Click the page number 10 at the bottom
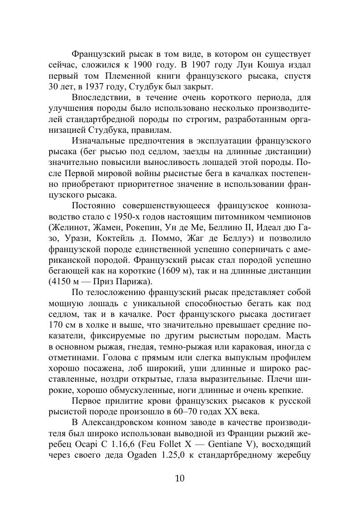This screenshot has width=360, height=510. (x=179, y=479)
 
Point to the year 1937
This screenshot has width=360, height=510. (x=92, y=87)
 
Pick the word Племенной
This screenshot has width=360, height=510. (x=125, y=76)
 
